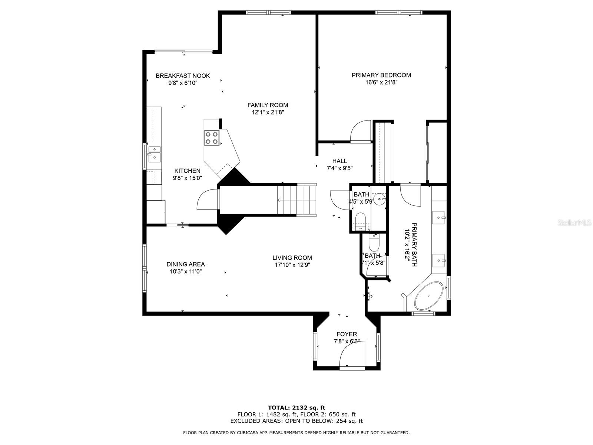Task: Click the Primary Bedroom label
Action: click(x=381, y=75)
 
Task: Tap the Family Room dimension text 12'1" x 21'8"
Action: click(x=268, y=112)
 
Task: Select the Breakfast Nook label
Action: click(x=183, y=76)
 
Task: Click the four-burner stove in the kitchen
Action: click(x=212, y=138)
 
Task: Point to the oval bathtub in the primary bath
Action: click(x=429, y=296)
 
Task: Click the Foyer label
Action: click(x=347, y=334)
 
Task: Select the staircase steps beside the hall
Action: click(x=297, y=200)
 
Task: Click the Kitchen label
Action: click(x=187, y=171)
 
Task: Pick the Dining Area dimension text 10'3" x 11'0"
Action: click(x=186, y=271)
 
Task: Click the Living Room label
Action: click(x=292, y=258)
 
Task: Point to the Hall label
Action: click(x=339, y=161)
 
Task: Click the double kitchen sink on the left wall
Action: click(x=154, y=154)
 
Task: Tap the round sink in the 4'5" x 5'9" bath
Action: click(x=381, y=199)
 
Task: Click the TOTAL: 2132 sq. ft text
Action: click(x=296, y=408)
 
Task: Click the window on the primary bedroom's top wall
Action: click(x=399, y=13)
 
